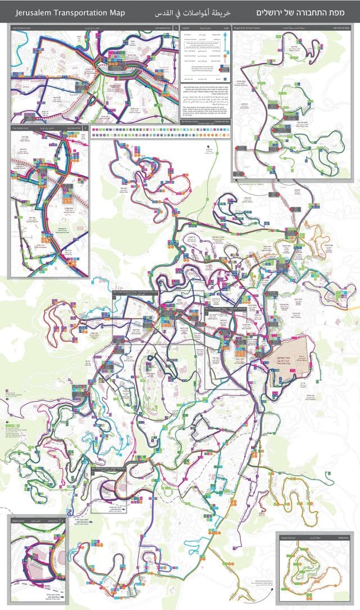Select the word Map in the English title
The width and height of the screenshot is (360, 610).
[x=116, y=12]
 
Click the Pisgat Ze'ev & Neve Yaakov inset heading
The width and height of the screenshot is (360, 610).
[x=253, y=26]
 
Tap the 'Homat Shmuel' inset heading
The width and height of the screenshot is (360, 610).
[x=289, y=536]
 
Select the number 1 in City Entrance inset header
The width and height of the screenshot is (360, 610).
[x=175, y=26]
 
